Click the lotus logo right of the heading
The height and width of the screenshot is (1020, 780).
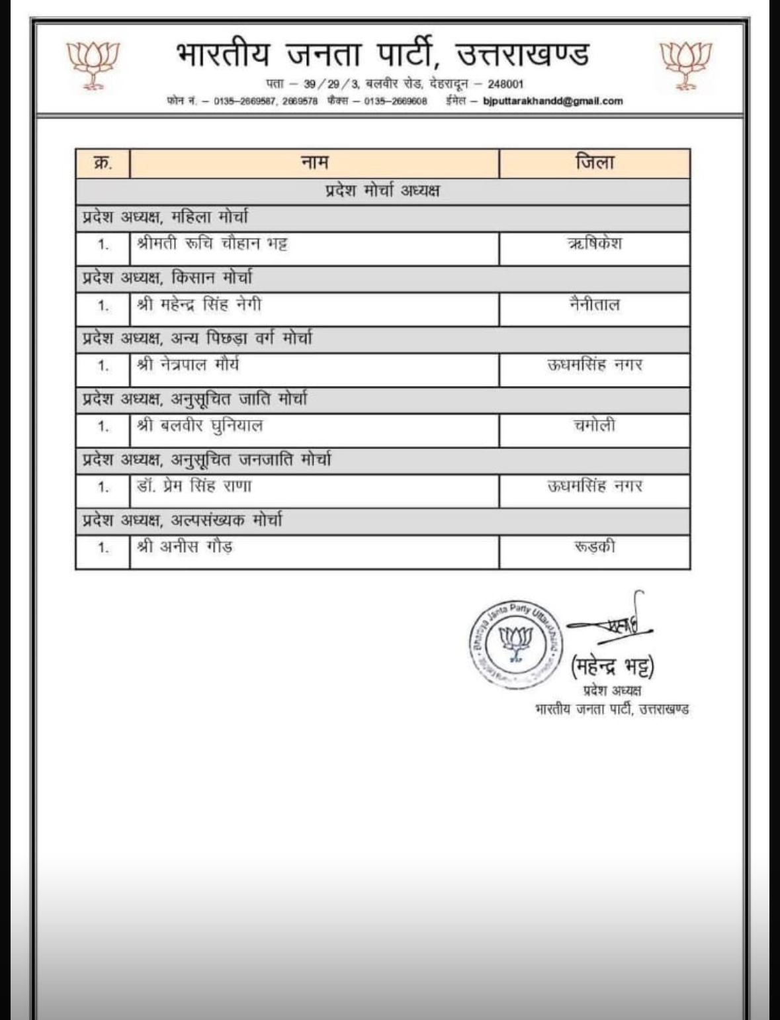(687, 64)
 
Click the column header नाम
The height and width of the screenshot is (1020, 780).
(314, 163)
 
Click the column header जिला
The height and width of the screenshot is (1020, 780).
(594, 163)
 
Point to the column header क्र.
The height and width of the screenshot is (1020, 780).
(103, 163)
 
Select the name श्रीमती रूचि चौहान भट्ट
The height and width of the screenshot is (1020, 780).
(212, 244)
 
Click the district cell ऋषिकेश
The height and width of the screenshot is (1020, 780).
(594, 244)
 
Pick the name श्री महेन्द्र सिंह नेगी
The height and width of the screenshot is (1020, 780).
(199, 304)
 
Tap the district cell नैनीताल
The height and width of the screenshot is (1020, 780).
(594, 305)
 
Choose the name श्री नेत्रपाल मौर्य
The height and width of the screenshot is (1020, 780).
(188, 365)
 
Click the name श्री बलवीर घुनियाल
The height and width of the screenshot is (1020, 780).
(200, 426)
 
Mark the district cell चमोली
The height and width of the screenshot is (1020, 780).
(594, 426)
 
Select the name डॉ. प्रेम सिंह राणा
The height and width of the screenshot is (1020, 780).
(194, 487)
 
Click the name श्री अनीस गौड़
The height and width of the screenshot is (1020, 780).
(185, 547)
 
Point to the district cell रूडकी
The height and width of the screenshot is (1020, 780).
(594, 547)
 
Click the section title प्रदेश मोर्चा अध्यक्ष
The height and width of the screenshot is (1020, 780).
(382, 191)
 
